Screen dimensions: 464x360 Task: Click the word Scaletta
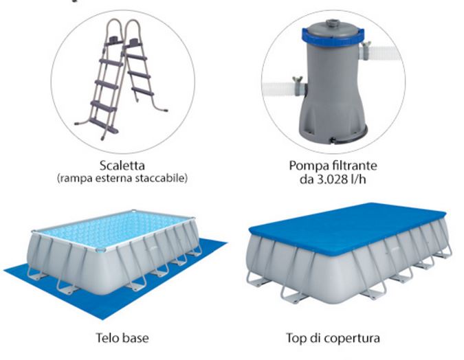pyautogui.click(x=122, y=166)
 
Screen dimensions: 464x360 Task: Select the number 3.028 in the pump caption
pyautogui.click(x=331, y=179)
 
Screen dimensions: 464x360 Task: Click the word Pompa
pyautogui.click(x=307, y=166)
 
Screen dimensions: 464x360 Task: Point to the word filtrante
pyautogui.click(x=353, y=166)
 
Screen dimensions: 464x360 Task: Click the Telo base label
pyautogui.click(x=122, y=338)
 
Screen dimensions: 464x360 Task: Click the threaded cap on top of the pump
pyautogui.click(x=335, y=23)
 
